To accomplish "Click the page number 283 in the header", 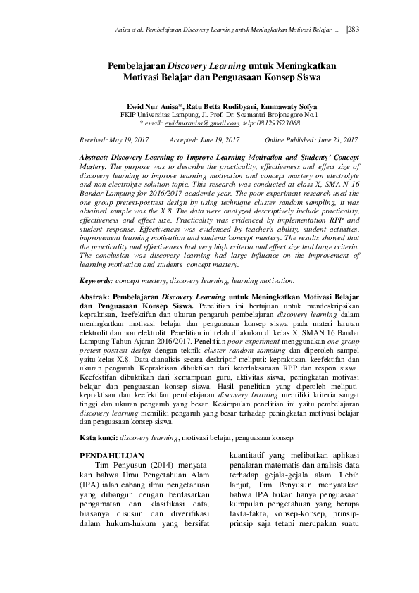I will click(x=354, y=29).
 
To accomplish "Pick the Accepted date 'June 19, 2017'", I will click(x=218, y=140).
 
